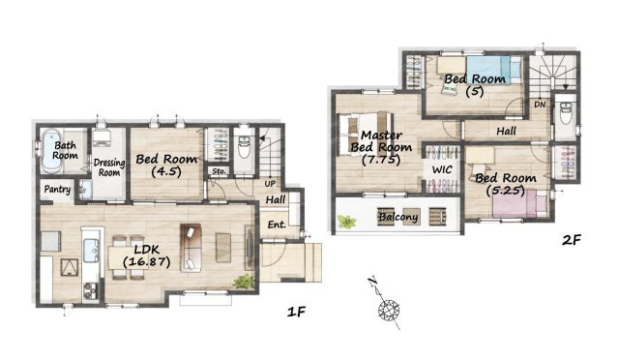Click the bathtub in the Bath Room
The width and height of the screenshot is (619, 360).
(x=51, y=151)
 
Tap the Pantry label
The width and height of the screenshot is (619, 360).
(x=57, y=190)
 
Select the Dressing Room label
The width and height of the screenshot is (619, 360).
(x=109, y=167)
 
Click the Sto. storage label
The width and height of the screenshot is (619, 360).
(x=220, y=171)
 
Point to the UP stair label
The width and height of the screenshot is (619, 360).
(x=270, y=184)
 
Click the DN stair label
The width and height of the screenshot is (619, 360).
(x=540, y=105)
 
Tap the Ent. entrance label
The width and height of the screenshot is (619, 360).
(x=277, y=225)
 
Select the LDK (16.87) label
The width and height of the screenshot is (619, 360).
(x=146, y=255)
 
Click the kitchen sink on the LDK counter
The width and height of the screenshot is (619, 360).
(x=91, y=250)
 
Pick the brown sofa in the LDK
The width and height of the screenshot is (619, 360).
(x=191, y=248)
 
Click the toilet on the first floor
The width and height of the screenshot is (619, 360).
(x=244, y=146)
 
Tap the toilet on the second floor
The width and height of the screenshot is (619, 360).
(x=566, y=112)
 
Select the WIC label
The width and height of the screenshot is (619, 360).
(x=442, y=170)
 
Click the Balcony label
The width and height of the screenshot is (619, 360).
(x=398, y=217)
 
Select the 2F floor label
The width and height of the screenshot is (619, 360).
(x=572, y=239)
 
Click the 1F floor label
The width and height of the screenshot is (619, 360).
(x=297, y=313)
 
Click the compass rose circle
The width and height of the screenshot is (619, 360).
(x=389, y=310)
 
